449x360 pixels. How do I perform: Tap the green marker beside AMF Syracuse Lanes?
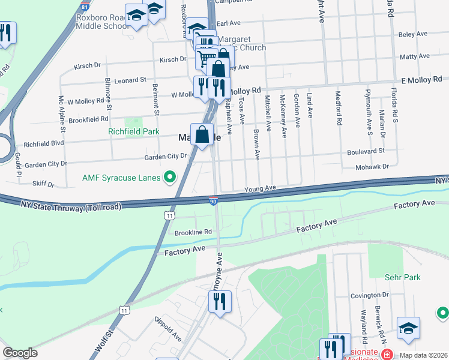170,177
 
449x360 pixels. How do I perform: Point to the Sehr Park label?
403,277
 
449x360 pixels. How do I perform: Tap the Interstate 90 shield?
214,200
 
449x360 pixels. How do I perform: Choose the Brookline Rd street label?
193,232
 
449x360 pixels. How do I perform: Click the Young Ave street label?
259,188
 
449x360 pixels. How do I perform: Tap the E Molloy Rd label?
421,79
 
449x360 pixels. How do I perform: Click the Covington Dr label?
370,295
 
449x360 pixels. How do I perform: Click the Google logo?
20,353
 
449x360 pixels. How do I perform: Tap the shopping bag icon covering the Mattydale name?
202,134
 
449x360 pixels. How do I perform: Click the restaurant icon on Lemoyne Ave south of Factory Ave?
220,301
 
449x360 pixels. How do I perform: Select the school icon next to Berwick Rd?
408,328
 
